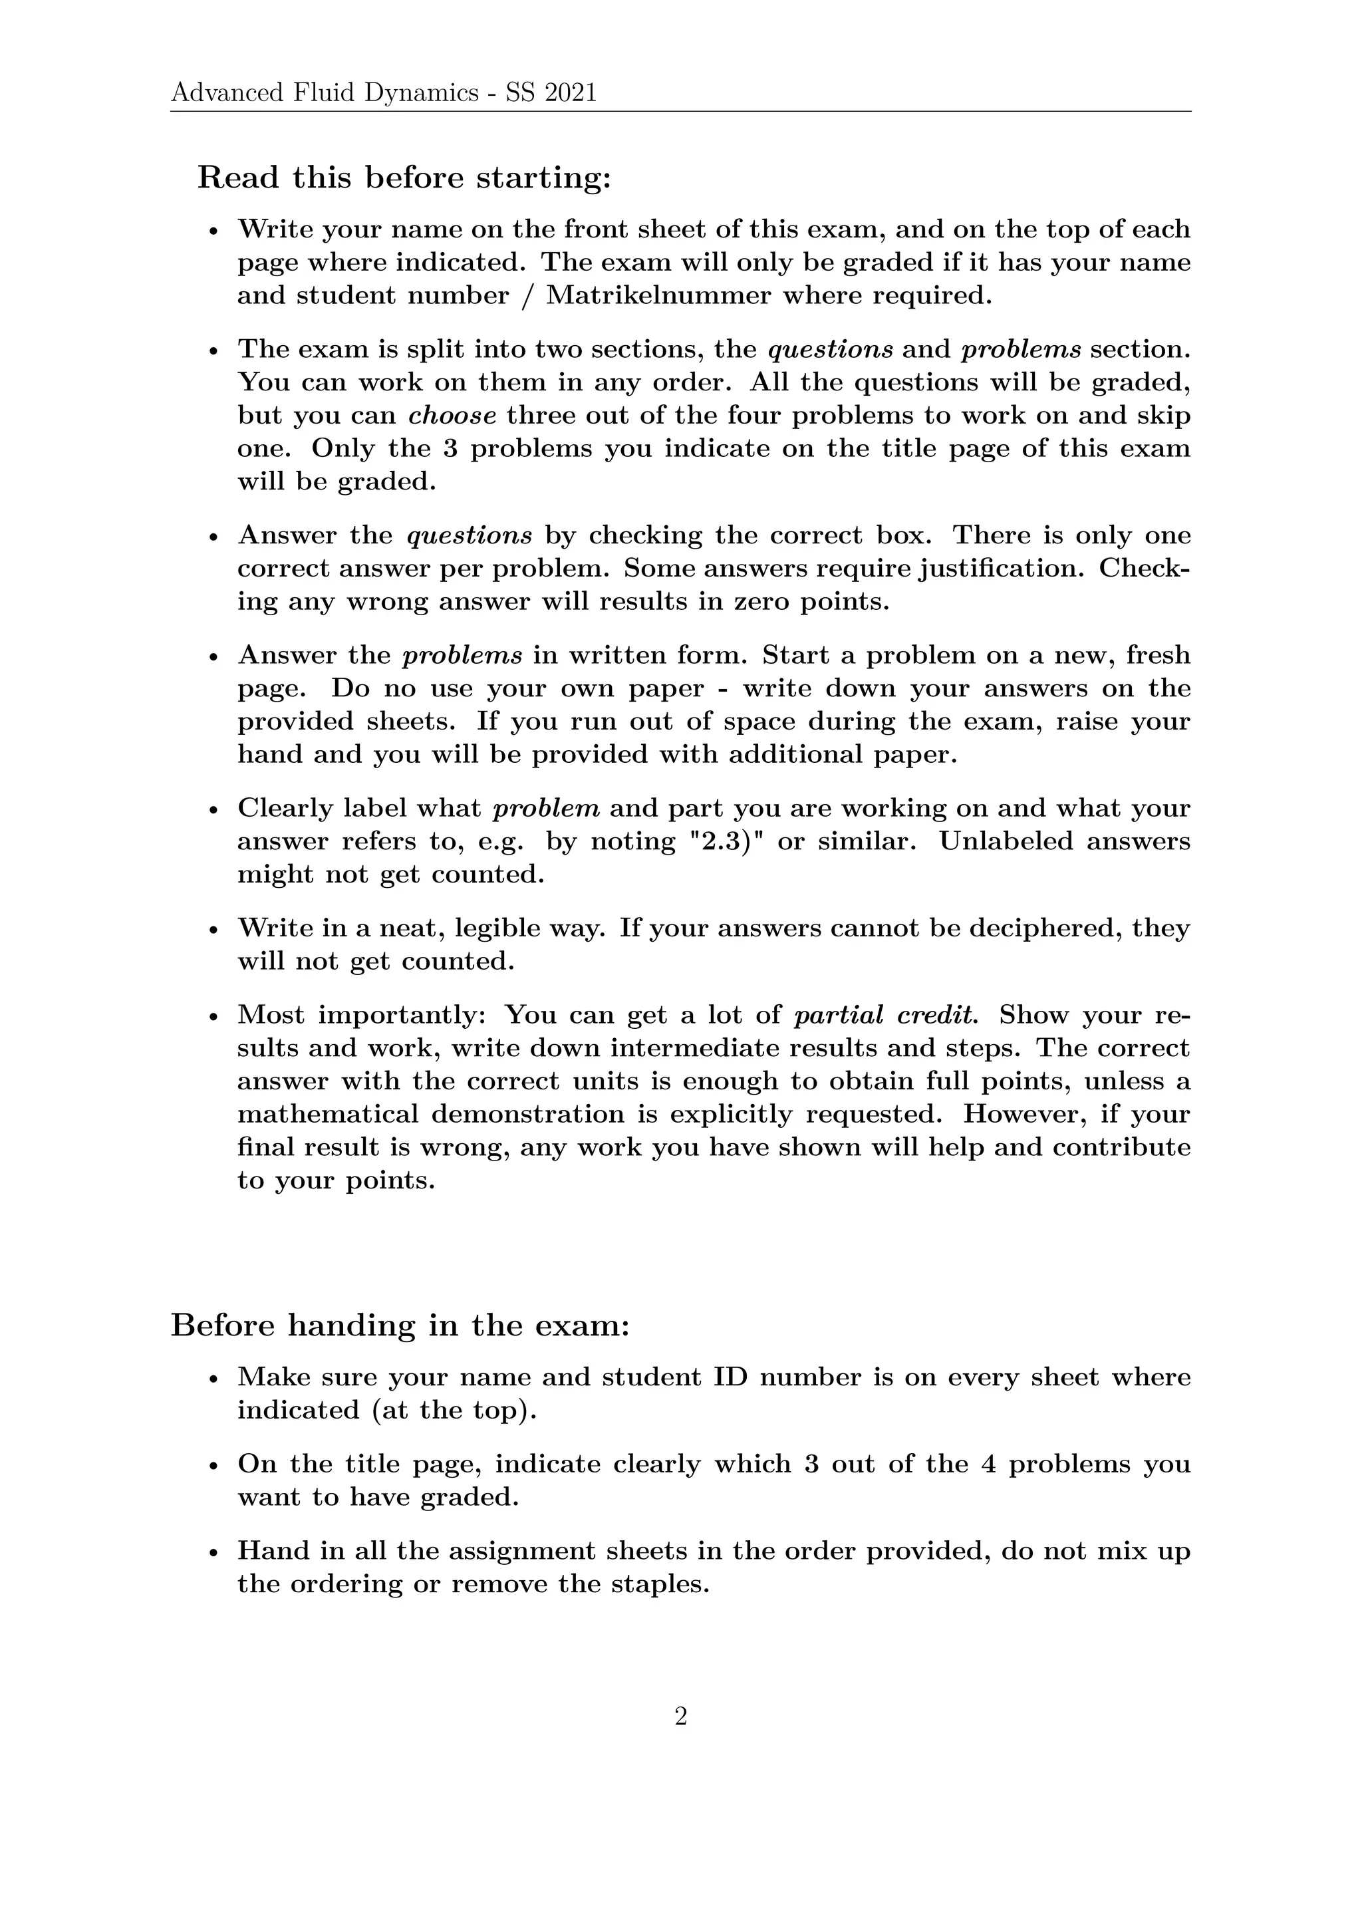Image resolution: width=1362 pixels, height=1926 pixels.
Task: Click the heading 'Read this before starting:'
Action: point(404,178)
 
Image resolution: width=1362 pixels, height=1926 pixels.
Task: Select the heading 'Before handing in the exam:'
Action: point(400,1325)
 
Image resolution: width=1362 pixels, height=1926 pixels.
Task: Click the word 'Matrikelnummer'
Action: point(658,295)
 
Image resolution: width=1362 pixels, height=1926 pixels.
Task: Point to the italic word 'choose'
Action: point(452,415)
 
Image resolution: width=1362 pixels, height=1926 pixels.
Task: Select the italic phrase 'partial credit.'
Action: point(886,1015)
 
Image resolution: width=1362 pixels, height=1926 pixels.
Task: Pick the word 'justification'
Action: point(1002,568)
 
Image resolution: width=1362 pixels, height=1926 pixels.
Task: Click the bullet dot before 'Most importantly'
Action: point(214,1018)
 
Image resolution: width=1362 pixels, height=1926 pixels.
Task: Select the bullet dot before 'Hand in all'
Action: point(214,1554)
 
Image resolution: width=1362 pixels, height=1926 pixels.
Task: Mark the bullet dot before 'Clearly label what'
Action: point(214,810)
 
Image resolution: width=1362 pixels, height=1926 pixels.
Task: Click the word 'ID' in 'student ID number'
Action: point(730,1377)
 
